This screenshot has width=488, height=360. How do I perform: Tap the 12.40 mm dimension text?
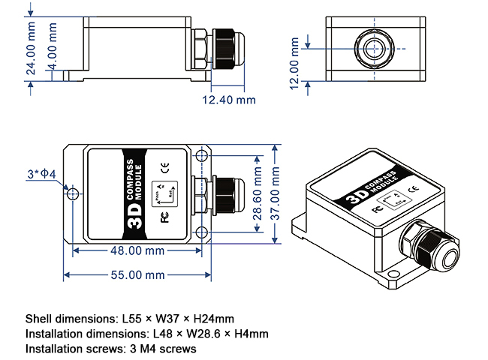tap(229, 100)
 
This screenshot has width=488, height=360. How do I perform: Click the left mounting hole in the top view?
tap(72, 194)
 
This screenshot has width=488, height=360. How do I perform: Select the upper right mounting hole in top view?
tap(202, 158)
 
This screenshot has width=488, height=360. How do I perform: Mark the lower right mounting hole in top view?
tap(202, 231)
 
